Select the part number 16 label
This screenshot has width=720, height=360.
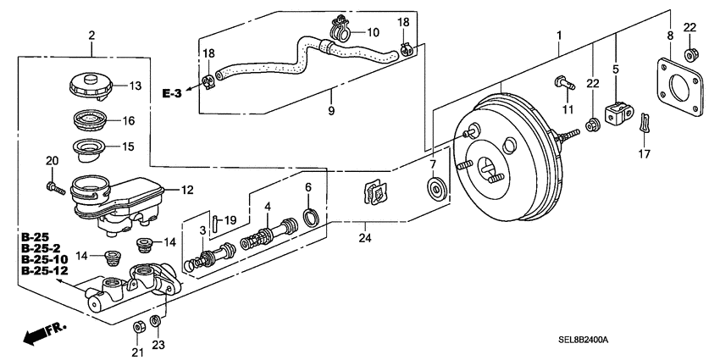click(130, 121)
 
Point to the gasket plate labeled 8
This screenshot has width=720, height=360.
click(675, 89)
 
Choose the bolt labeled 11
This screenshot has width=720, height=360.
click(562, 83)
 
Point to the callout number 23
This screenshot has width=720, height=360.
click(158, 344)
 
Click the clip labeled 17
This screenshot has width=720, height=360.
click(645, 125)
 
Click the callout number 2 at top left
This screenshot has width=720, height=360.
click(91, 35)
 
